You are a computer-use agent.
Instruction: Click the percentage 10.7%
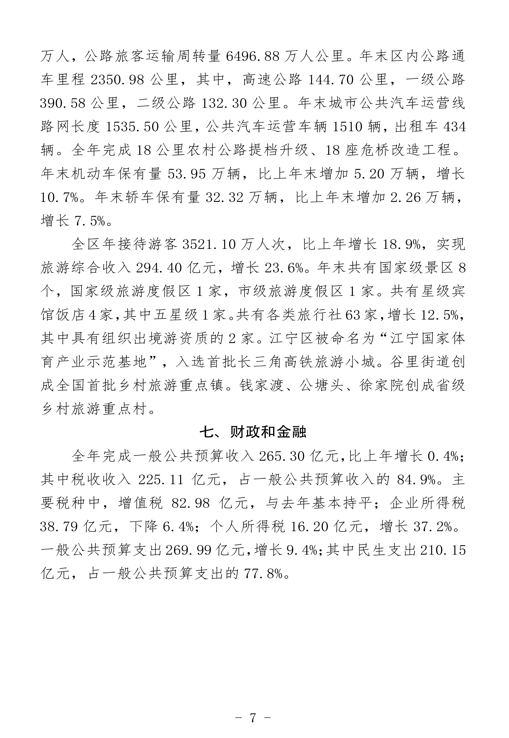[60, 198]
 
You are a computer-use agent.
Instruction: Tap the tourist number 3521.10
[209, 245]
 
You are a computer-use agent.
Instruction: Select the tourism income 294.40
[159, 268]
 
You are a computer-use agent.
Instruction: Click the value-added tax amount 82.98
[191, 504]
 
